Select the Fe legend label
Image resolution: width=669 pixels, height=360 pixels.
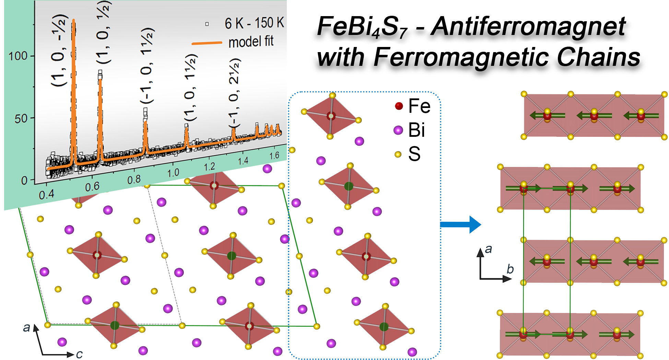(419, 106)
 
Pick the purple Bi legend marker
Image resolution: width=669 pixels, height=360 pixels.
(398, 130)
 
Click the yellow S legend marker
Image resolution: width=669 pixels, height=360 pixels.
(398, 154)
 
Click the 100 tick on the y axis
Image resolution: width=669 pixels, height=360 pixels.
(18, 56)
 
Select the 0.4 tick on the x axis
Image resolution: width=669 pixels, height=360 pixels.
(46, 194)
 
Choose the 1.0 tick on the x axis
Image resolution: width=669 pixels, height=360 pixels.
(173, 173)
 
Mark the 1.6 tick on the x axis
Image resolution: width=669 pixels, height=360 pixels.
(274, 156)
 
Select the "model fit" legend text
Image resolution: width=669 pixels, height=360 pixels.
(251, 42)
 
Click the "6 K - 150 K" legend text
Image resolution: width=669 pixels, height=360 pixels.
(254, 23)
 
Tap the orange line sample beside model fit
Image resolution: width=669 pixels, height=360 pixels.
(207, 43)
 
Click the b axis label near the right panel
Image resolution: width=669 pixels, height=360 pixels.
(510, 269)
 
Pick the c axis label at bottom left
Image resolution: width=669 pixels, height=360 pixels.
(79, 354)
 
